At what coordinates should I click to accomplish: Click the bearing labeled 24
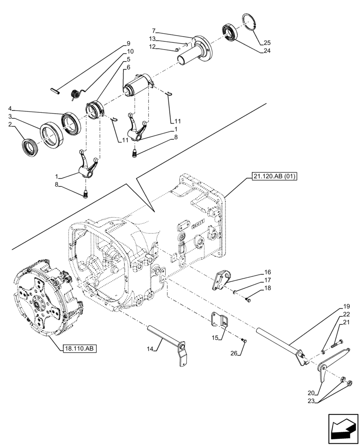point(231,34)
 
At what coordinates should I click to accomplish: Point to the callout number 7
point(153,31)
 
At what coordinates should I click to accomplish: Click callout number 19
point(347,307)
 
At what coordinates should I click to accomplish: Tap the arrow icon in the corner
point(343,429)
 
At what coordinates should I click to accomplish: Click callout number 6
point(128,67)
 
